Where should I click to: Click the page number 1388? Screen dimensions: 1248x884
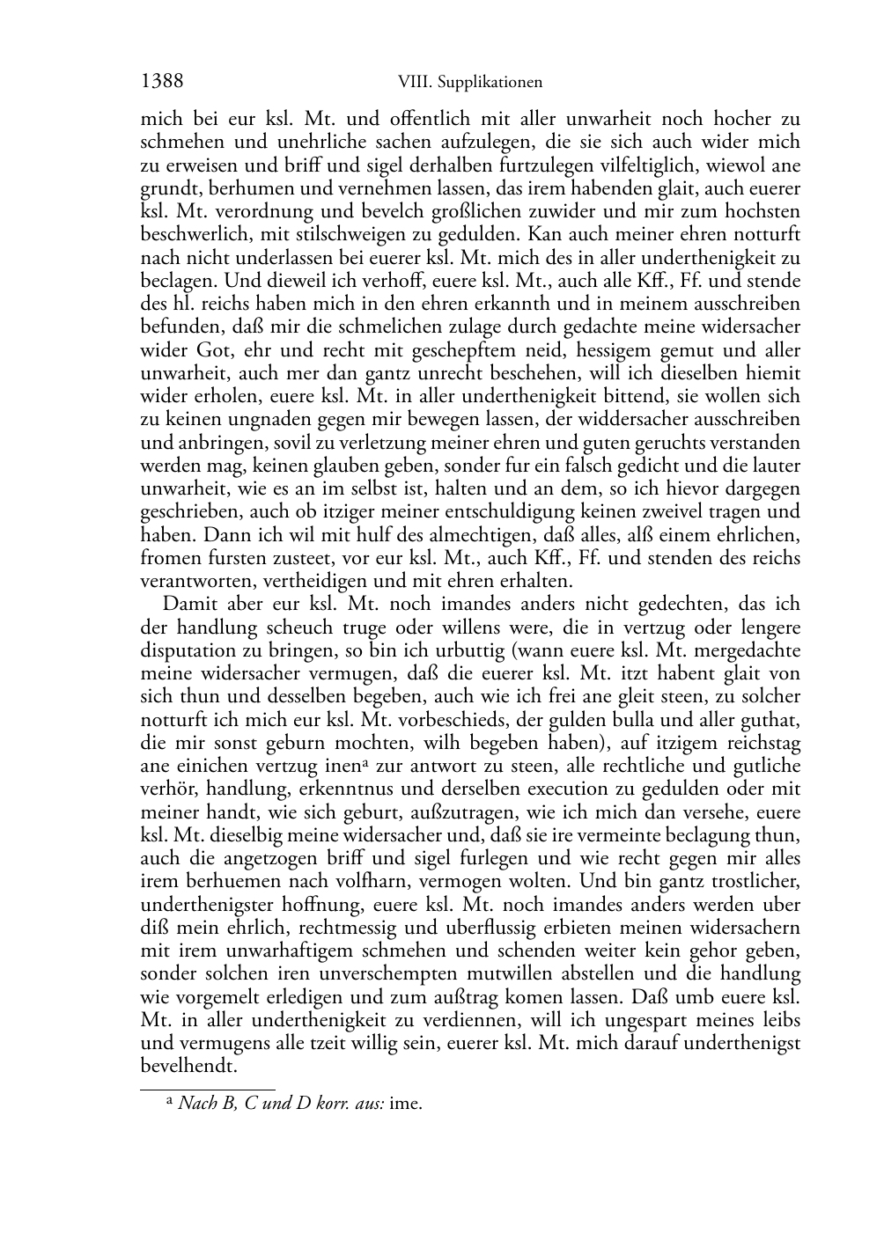click(162, 82)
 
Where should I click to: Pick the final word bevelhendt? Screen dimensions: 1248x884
click(189, 1067)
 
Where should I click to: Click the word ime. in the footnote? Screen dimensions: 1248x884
click(406, 1103)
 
